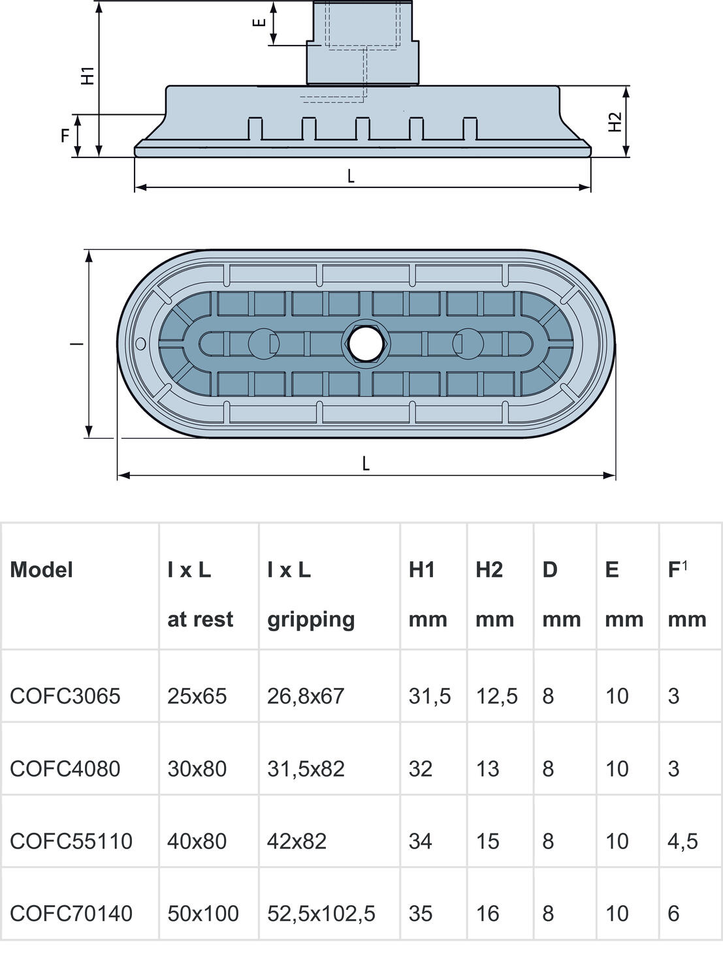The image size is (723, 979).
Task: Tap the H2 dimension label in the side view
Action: click(x=615, y=122)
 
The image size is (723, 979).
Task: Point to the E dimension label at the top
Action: click(x=259, y=22)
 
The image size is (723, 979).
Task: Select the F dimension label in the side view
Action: click(x=65, y=136)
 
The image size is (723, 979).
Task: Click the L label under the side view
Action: click(x=351, y=176)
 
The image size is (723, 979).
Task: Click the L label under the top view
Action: click(x=366, y=463)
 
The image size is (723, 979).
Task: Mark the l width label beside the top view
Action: click(x=77, y=343)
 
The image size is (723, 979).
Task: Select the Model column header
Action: click(x=41, y=570)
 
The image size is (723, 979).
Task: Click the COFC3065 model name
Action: click(x=65, y=696)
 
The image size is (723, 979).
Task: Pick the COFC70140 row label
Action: click(x=71, y=913)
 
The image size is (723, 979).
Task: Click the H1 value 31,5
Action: click(x=429, y=696)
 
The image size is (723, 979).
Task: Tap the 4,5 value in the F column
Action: click(x=683, y=841)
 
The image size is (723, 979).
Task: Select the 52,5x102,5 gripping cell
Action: click(x=321, y=913)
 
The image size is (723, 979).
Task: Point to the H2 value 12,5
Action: click(x=496, y=696)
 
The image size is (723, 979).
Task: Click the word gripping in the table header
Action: click(x=311, y=619)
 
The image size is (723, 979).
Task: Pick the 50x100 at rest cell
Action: click(x=203, y=913)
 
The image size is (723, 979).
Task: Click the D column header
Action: click(x=550, y=570)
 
